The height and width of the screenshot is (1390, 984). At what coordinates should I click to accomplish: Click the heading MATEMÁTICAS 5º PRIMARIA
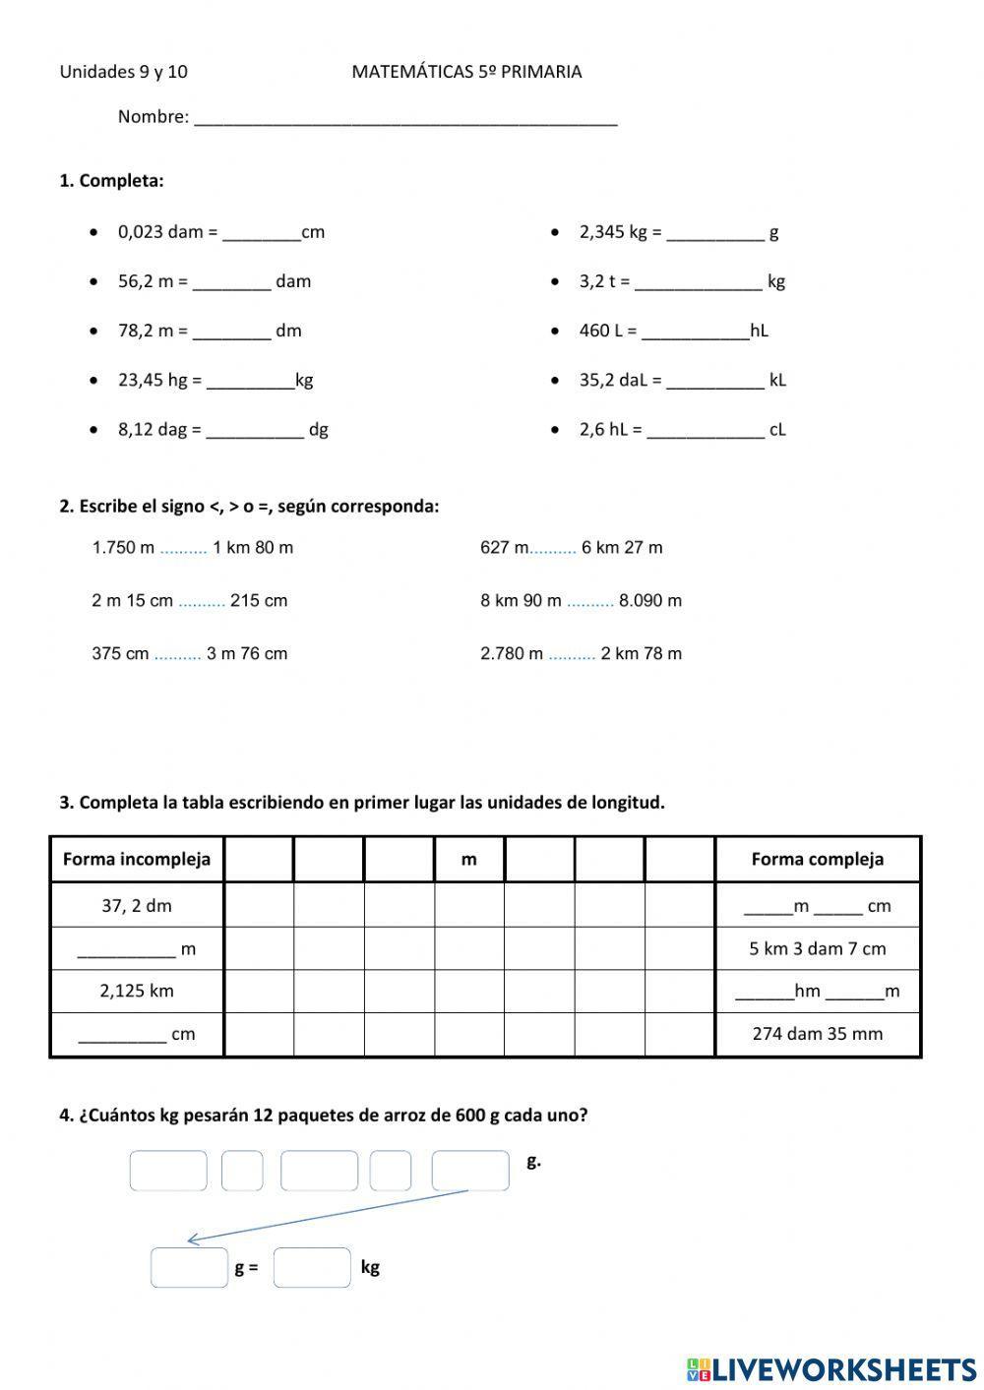pos(466,72)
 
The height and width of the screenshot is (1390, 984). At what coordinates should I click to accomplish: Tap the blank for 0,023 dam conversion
pos(262,234)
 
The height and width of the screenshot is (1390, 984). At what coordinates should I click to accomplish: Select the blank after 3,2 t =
pos(698,283)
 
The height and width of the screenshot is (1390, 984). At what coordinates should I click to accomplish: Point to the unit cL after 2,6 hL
pos(777,429)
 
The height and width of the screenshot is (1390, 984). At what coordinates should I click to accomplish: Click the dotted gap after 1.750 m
pos(183,548)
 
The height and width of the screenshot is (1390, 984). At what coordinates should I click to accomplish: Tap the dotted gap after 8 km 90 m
pos(590,601)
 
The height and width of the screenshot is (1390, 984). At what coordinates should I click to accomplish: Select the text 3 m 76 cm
pos(247,653)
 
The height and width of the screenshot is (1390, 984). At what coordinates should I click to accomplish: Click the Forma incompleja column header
pos(137,859)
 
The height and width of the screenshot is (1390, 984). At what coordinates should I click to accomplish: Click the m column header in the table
pos(469,859)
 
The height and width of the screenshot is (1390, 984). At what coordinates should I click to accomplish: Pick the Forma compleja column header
pos(818,859)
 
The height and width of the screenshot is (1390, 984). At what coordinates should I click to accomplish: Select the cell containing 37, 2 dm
pos(137,906)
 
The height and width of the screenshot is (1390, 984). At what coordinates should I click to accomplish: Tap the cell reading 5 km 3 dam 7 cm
pos(818,949)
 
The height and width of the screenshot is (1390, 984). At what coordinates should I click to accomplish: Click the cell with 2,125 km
pos(137,991)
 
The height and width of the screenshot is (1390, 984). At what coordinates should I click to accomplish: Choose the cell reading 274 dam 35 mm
pos(818,1034)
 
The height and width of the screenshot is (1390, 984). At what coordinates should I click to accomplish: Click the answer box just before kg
pos(312,1267)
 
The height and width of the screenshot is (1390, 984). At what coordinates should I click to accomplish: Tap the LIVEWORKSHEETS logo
pos(831,1368)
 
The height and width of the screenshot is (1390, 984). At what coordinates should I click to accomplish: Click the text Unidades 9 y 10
pos(124,72)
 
